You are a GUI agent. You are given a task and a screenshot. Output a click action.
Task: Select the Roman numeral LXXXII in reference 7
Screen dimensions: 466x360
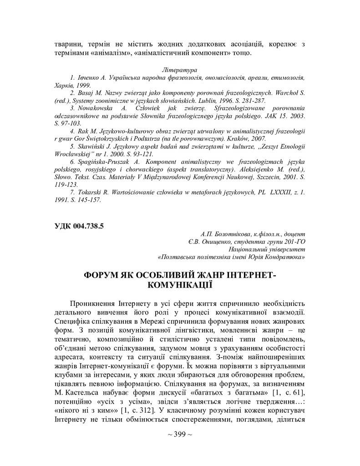[275, 192]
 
